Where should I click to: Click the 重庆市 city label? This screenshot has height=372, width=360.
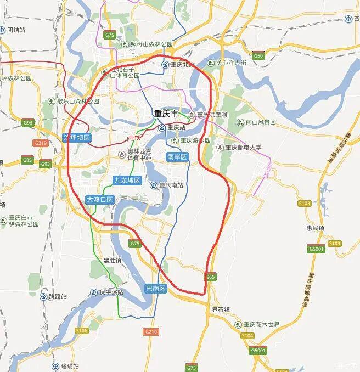[x=166, y=114]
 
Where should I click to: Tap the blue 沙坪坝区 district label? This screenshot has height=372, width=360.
[x=76, y=138]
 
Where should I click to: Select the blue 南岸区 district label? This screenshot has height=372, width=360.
[x=177, y=157]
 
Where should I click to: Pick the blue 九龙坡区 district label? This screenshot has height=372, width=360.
[x=127, y=180]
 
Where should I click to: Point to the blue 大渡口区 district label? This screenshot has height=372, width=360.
[x=99, y=200]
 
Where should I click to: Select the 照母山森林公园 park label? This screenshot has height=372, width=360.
[x=151, y=44]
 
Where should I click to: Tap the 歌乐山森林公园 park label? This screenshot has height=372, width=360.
[x=78, y=102]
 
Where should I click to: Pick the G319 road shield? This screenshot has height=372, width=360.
[x=41, y=143]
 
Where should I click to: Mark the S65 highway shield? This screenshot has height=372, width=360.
[x=211, y=278]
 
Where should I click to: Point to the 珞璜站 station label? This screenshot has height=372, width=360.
[x=69, y=366]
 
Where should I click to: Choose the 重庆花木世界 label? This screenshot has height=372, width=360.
[x=261, y=324]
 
